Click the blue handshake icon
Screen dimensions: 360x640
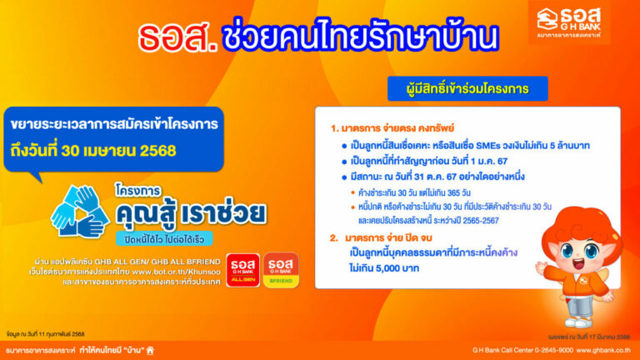point(80,210)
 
